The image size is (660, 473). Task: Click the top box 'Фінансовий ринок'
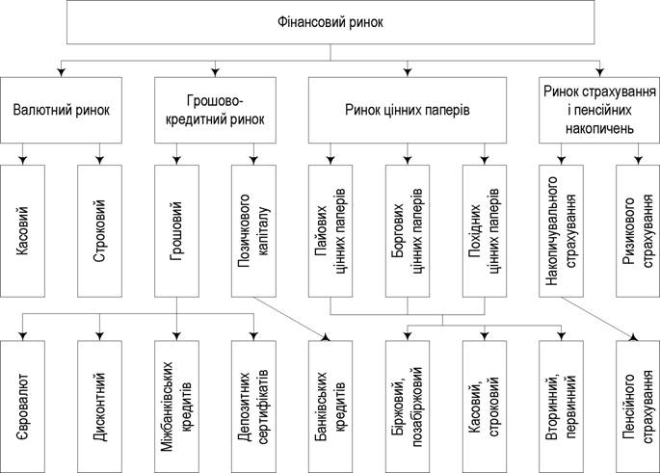pyautogui.click(x=330, y=22)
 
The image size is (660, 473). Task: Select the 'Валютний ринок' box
pyautogui.click(x=61, y=110)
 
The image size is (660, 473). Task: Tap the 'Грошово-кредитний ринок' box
pyautogui.click(x=215, y=110)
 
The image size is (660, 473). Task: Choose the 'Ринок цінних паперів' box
pyautogui.click(x=407, y=110)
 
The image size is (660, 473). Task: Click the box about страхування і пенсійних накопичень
pyautogui.click(x=599, y=110)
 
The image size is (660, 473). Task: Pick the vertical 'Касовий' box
pyautogui.click(x=22, y=230)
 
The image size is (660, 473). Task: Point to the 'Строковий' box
pyautogui.click(x=100, y=230)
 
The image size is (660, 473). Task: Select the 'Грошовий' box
pyautogui.click(x=176, y=230)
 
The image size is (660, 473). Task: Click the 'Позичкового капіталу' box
pyautogui.click(x=253, y=230)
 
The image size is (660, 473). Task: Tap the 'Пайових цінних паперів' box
pyautogui.click(x=330, y=230)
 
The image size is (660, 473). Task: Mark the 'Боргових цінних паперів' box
pyautogui.click(x=408, y=230)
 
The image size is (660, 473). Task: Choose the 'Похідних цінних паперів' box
pyautogui.click(x=485, y=230)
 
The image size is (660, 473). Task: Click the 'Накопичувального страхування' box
pyautogui.click(x=561, y=230)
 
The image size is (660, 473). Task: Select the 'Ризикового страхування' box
pyautogui.click(x=638, y=230)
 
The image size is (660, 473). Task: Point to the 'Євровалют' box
pyautogui.click(x=22, y=407)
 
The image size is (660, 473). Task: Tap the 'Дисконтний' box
pyautogui.click(x=100, y=407)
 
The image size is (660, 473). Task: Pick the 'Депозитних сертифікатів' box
pyautogui.click(x=253, y=407)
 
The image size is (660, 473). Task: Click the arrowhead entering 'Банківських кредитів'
pyautogui.click(x=326, y=337)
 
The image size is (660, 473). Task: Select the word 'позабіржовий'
pyautogui.click(x=417, y=407)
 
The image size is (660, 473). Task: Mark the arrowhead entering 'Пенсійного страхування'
pyautogui.click(x=633, y=337)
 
